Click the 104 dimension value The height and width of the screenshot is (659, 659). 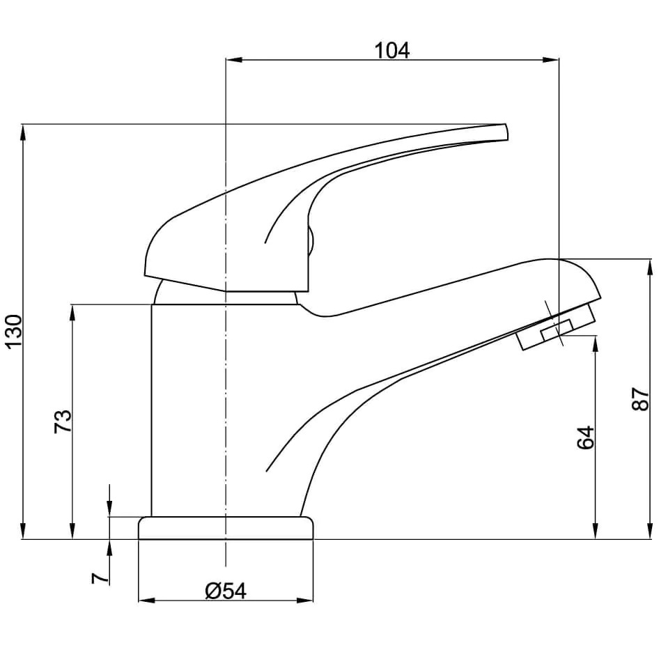pos(391,50)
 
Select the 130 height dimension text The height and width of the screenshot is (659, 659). pos(14,332)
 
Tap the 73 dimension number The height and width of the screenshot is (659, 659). pos(63,421)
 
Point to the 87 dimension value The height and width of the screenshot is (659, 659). pos(641,399)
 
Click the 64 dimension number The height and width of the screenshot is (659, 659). pos(586,437)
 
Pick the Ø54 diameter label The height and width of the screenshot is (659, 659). pos(226,591)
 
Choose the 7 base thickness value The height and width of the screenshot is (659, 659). pos(100,578)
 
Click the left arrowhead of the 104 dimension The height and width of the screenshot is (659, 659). pos(235,60)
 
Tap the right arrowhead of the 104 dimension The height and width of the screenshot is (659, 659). pos(550,60)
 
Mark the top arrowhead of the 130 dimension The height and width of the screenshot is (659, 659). pos(23,133)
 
